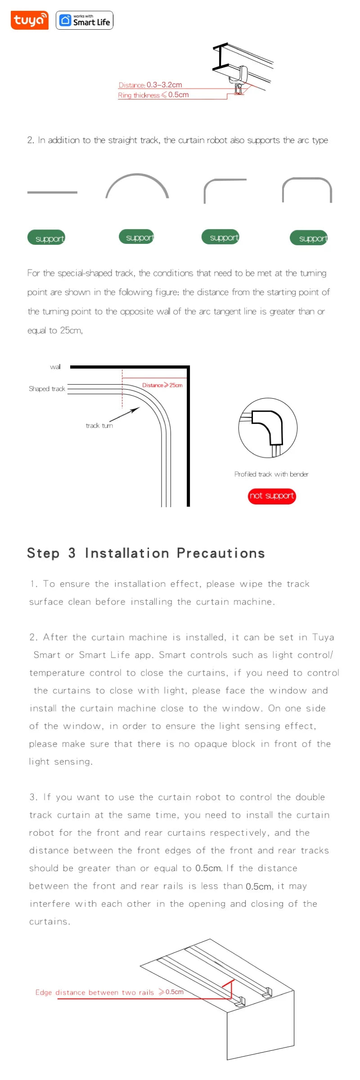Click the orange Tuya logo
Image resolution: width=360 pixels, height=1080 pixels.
click(x=29, y=20)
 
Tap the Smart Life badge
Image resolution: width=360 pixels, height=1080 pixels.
click(x=85, y=20)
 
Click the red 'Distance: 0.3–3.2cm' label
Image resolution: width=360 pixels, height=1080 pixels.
click(x=150, y=85)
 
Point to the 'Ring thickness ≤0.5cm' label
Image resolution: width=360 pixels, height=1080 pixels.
click(x=153, y=95)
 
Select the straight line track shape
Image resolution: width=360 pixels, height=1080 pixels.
click(x=52, y=192)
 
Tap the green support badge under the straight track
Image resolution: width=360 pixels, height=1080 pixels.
click(x=46, y=238)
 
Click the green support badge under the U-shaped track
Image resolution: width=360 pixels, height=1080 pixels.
click(x=309, y=238)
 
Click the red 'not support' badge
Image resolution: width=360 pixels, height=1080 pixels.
click(x=272, y=496)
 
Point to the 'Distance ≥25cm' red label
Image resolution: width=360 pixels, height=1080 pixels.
click(x=162, y=385)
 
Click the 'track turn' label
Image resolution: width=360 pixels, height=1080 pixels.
click(x=99, y=425)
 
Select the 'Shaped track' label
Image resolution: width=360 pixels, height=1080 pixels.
click(x=47, y=388)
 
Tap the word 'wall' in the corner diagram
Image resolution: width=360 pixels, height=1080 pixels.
click(x=55, y=367)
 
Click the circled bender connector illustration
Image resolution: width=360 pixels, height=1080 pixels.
click(x=268, y=427)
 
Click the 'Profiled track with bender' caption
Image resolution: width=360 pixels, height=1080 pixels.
click(x=271, y=474)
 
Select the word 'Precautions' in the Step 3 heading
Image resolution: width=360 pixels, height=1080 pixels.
click(x=220, y=553)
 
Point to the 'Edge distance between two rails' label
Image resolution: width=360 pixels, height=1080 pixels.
click(x=94, y=992)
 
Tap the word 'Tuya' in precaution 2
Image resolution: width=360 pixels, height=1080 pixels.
click(x=323, y=637)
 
